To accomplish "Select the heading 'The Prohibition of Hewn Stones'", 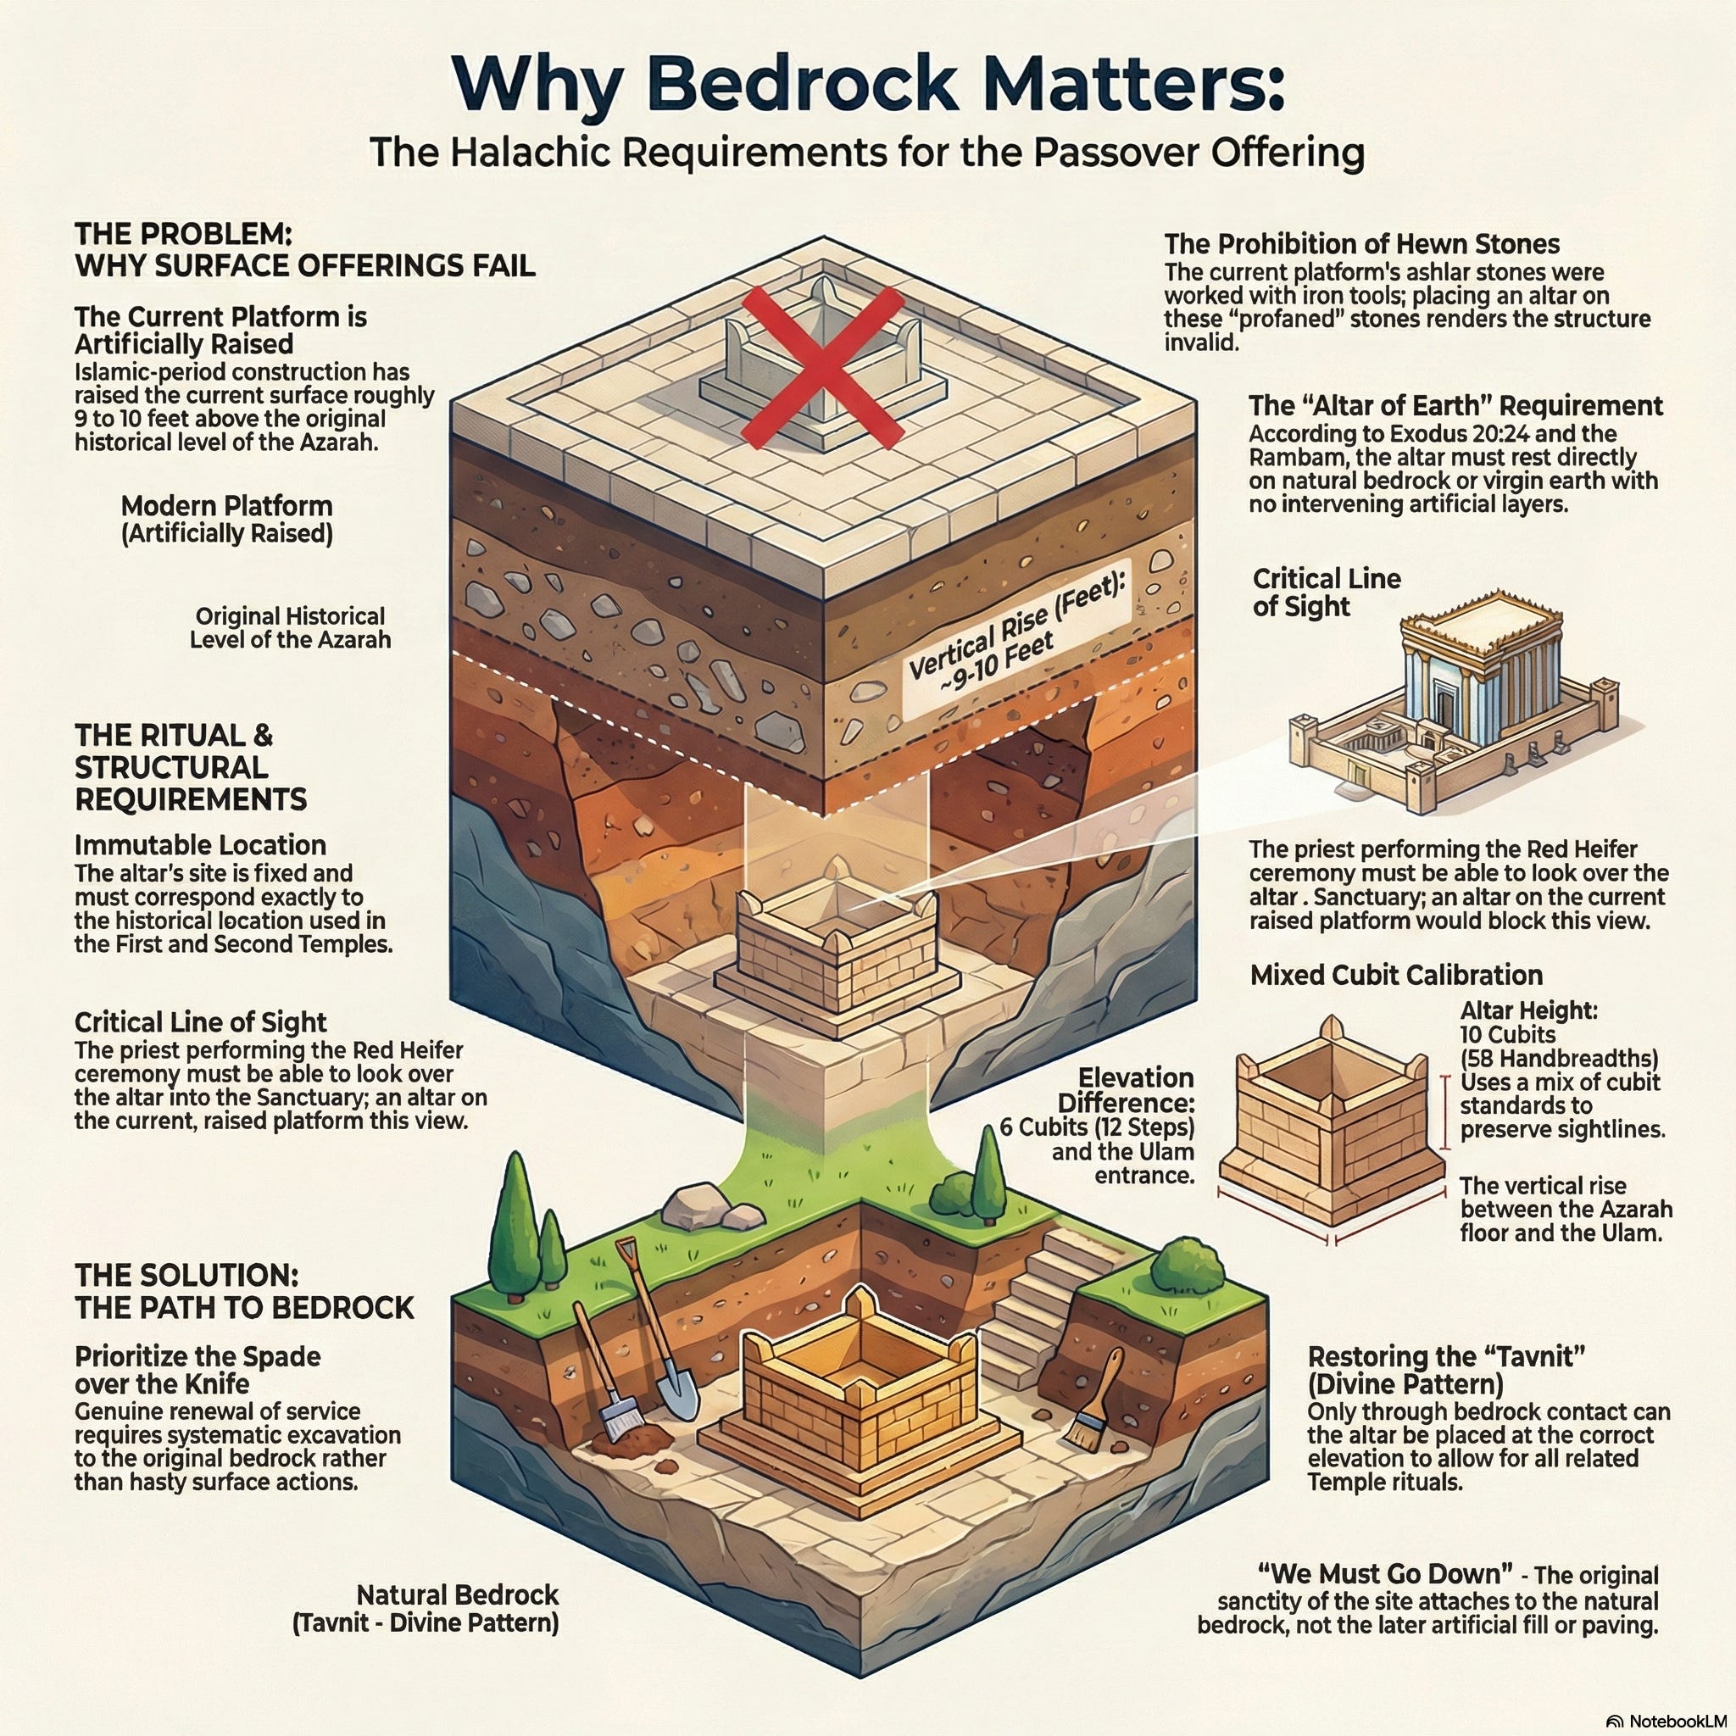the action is (x=1361, y=244).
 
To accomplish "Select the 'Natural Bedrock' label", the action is (x=458, y=1595).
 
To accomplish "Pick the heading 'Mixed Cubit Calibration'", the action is (x=1396, y=975).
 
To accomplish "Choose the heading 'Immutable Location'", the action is (x=200, y=845).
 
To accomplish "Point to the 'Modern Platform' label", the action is (x=226, y=506).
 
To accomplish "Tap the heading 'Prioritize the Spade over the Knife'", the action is (x=198, y=1370).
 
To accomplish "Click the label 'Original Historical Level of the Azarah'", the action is (x=290, y=628).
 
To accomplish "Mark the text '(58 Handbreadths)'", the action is (x=1558, y=1059).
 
